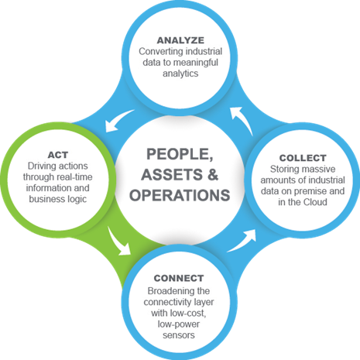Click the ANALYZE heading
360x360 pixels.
coord(180,40)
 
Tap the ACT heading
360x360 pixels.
coord(58,155)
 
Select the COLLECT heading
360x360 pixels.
coord(303,158)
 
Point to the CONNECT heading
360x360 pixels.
coord(179,278)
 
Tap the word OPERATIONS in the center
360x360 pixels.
coord(180,195)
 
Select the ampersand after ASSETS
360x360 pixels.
coord(213,174)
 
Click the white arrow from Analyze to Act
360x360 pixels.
coord(118,120)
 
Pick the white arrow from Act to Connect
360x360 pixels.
coord(118,242)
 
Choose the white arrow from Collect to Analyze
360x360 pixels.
coord(242,120)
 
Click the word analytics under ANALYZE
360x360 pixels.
coord(180,74)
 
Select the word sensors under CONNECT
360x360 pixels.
coord(179,335)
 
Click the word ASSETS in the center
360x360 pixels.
coord(172,174)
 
